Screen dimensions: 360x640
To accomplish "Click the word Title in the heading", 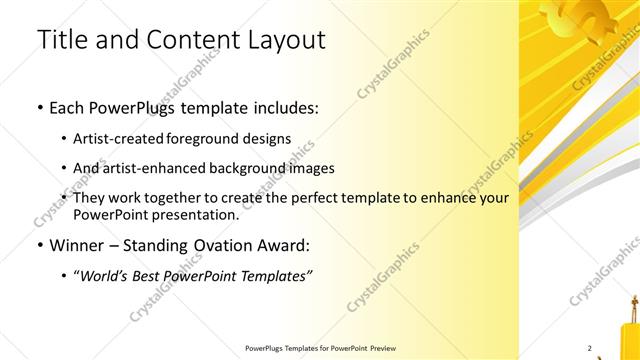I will (x=61, y=40).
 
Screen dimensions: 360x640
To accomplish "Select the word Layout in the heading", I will (x=287, y=40).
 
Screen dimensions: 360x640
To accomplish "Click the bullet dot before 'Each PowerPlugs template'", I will (x=39, y=107).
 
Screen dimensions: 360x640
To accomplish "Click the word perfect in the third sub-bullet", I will (x=319, y=198).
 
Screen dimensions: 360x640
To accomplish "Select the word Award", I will (x=282, y=244).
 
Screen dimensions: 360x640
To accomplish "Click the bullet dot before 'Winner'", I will (x=39, y=245).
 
